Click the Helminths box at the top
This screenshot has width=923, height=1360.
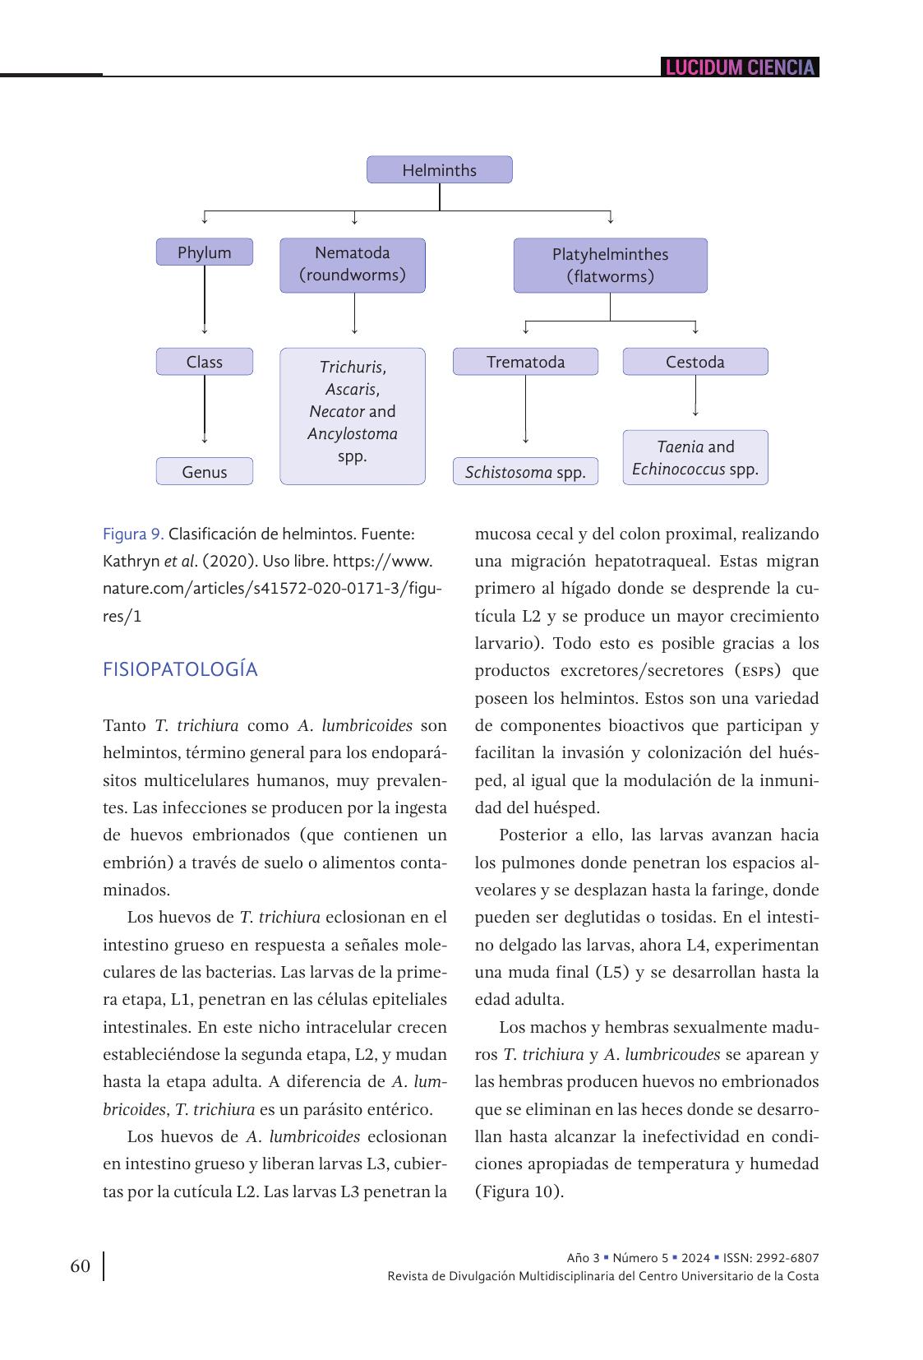tap(439, 170)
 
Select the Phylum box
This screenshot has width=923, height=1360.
tap(204, 252)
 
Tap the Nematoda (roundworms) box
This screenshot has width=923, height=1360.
tap(352, 265)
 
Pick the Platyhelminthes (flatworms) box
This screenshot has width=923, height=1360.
tap(610, 266)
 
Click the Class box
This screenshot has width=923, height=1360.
tap(204, 362)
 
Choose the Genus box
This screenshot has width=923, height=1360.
tap(204, 472)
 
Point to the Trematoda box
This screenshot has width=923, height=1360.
tap(525, 362)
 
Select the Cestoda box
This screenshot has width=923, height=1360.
tap(695, 362)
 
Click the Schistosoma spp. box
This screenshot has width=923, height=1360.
tap(525, 472)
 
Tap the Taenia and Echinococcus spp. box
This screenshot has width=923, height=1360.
tap(695, 458)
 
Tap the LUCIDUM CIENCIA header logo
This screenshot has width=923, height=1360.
tap(740, 67)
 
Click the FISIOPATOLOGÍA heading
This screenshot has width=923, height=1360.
tap(180, 670)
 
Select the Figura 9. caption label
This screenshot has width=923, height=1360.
tap(133, 534)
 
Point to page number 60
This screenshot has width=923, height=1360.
tap(81, 1266)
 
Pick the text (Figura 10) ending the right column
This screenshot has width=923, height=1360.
tap(519, 1191)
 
